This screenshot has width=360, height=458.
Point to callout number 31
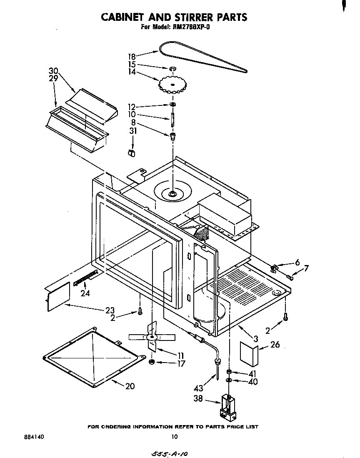[x=133, y=131]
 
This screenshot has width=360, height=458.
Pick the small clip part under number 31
[x=132, y=153]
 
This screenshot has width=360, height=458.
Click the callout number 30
[x=53, y=70]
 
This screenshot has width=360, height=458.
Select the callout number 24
[x=85, y=293]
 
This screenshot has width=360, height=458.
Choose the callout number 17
[x=181, y=363]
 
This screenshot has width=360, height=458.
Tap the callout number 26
[x=275, y=345]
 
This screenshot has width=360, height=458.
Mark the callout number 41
[x=252, y=373]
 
